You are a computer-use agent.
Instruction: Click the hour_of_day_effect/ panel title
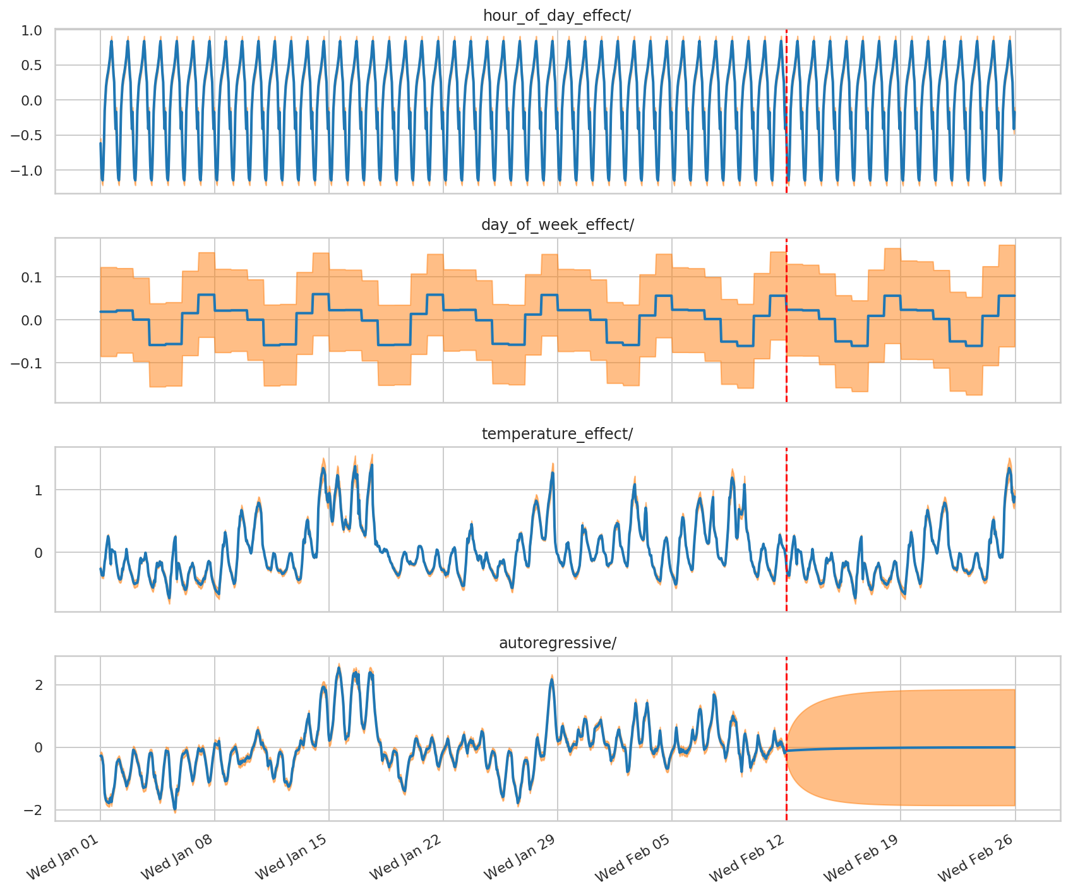557,16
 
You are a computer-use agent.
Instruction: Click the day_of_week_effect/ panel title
557,225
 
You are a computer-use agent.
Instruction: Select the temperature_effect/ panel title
557,434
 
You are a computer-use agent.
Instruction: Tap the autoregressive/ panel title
557,643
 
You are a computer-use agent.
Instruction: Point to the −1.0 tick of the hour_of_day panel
28,171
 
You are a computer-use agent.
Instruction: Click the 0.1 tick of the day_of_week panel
33,277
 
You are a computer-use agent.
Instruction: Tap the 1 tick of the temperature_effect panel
39,490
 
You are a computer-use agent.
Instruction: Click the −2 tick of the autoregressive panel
34,810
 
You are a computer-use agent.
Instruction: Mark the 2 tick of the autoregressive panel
39,685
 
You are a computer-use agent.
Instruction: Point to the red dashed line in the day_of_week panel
786,379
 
